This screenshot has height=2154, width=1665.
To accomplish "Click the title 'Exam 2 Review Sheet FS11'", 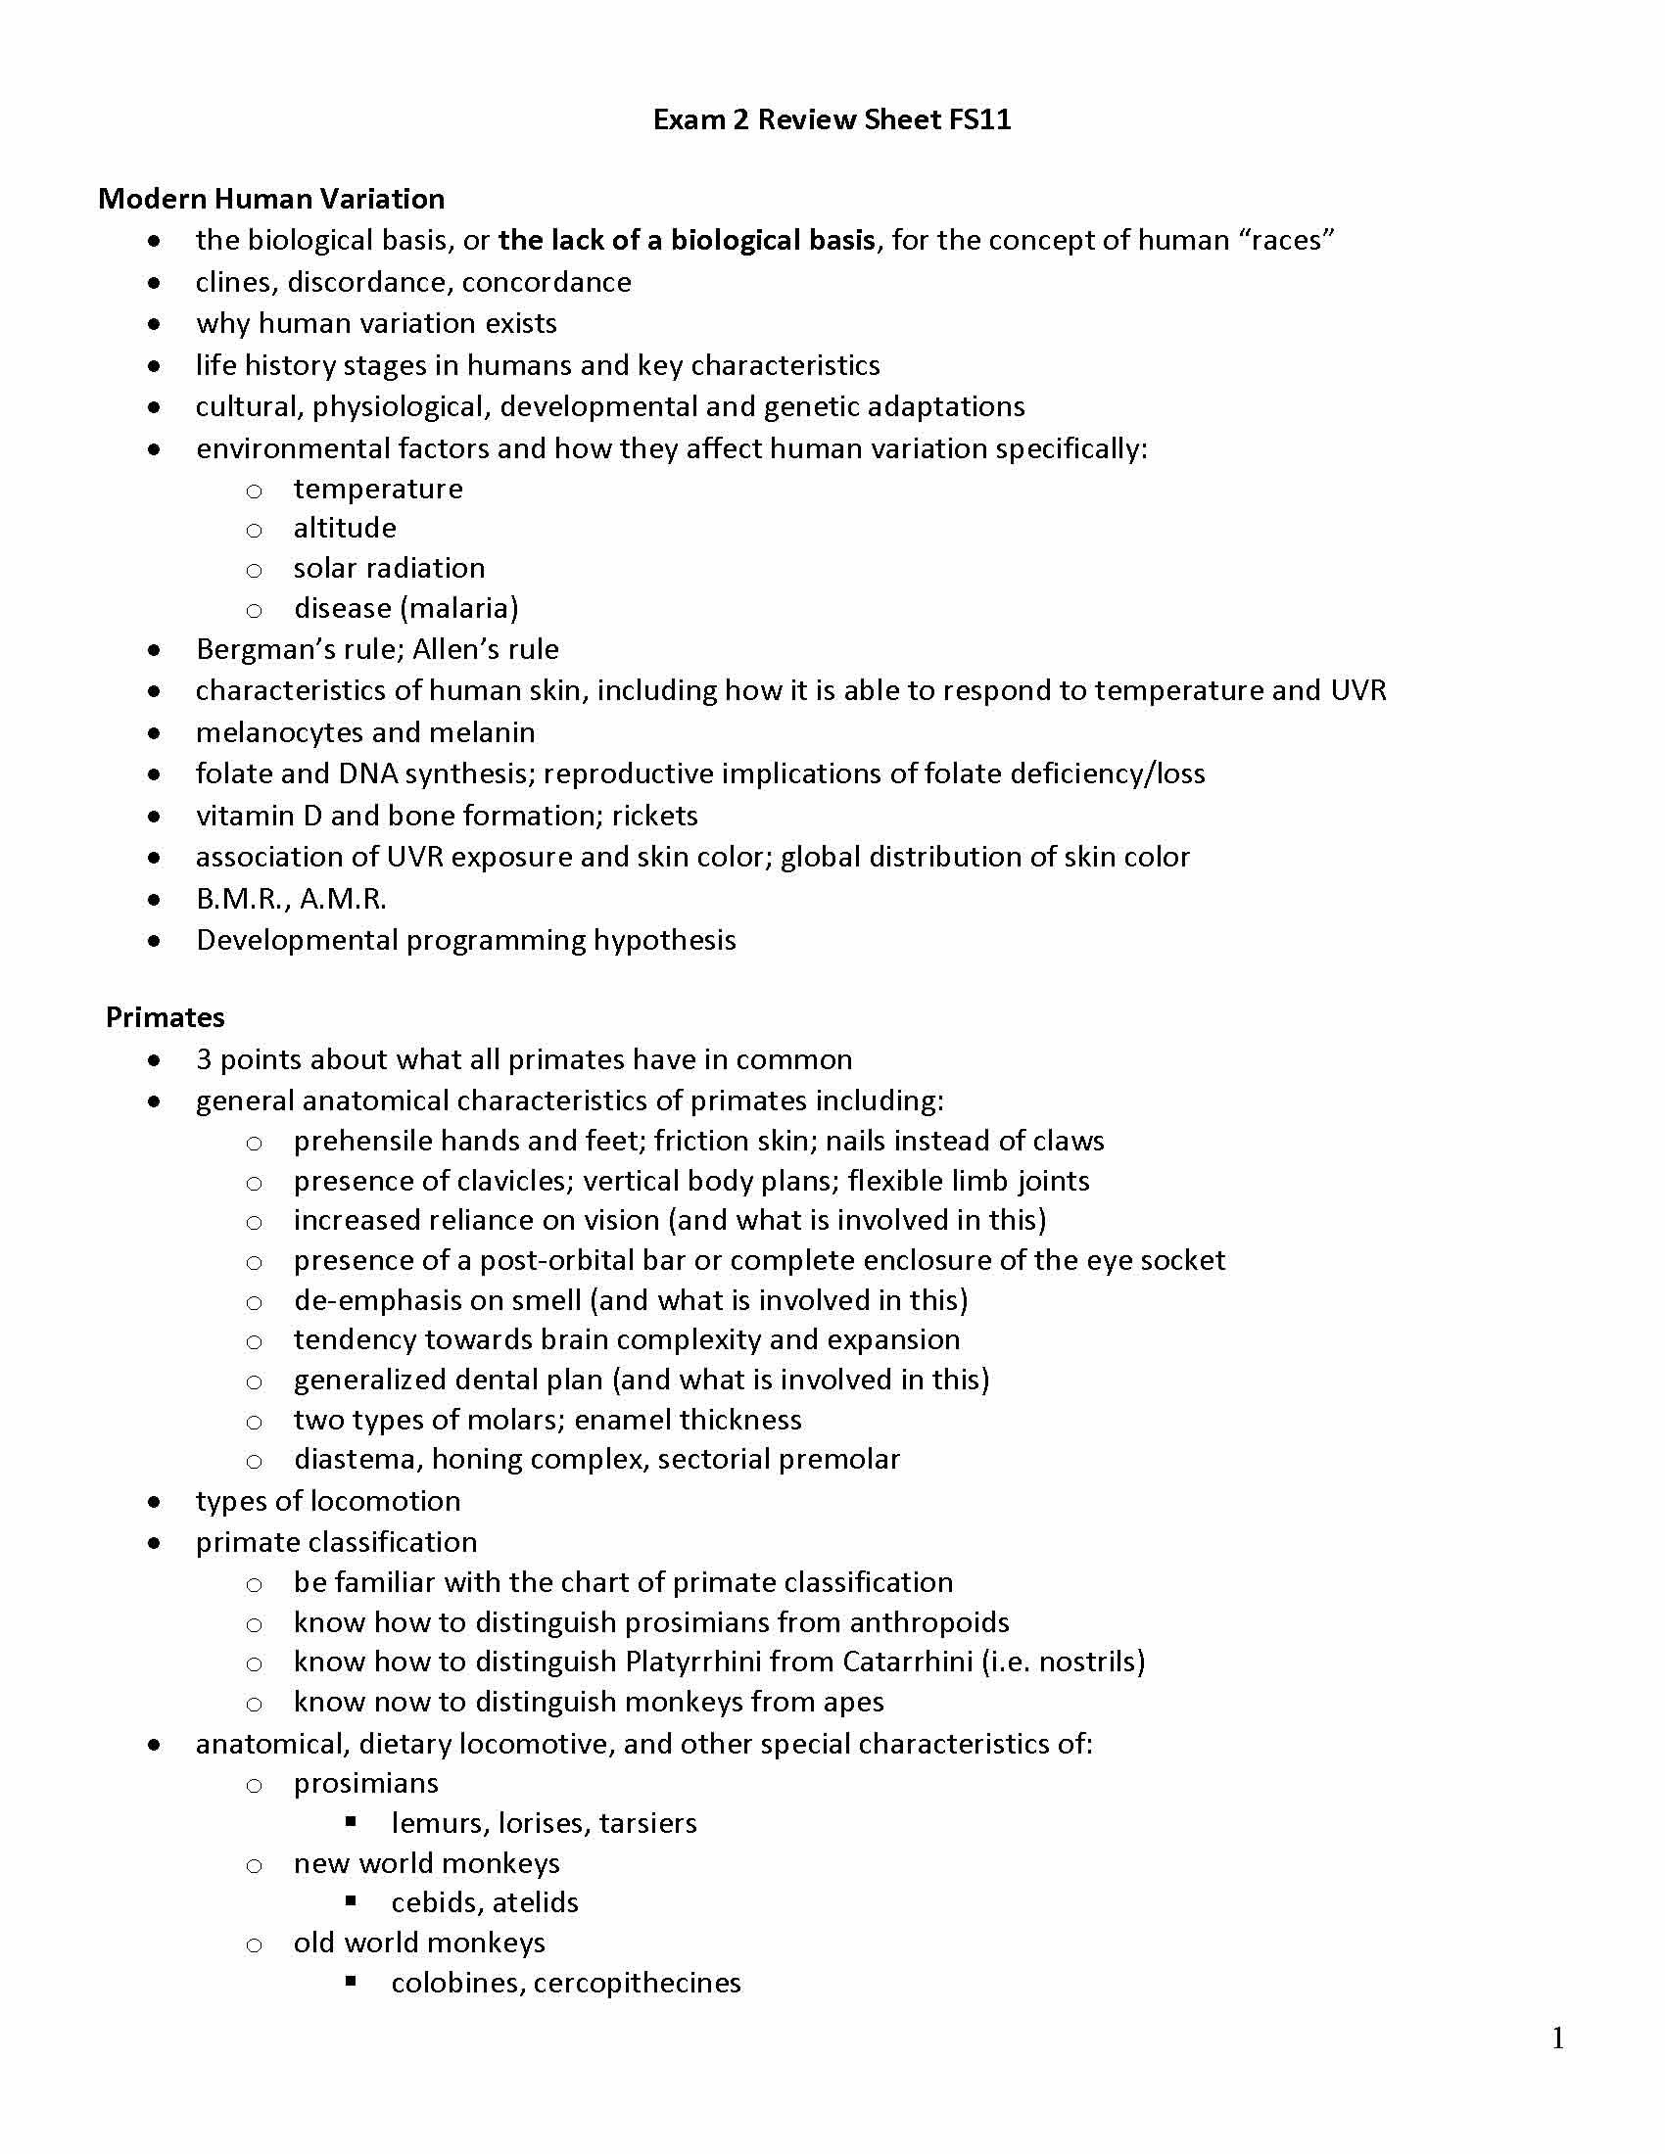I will coord(832,120).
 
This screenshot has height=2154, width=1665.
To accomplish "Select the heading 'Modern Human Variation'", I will coord(271,199).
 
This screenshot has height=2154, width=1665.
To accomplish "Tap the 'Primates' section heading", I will coord(165,1018).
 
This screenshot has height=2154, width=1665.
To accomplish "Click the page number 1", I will coord(1557,2038).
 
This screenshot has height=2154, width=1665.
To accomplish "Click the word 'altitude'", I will coord(344,529).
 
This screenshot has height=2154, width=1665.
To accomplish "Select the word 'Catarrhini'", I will coord(907,1662).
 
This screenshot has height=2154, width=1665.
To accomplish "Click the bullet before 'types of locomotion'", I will coord(154,1502).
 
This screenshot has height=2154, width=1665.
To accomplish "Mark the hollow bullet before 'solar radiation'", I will coord(254,570).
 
